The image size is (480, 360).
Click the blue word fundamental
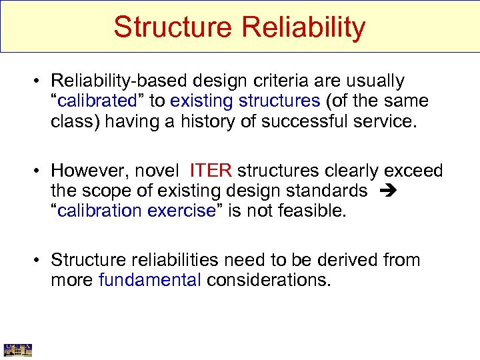149,280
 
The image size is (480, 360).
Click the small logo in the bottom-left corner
18,349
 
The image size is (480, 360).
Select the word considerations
268,280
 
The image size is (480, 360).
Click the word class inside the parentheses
69,123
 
